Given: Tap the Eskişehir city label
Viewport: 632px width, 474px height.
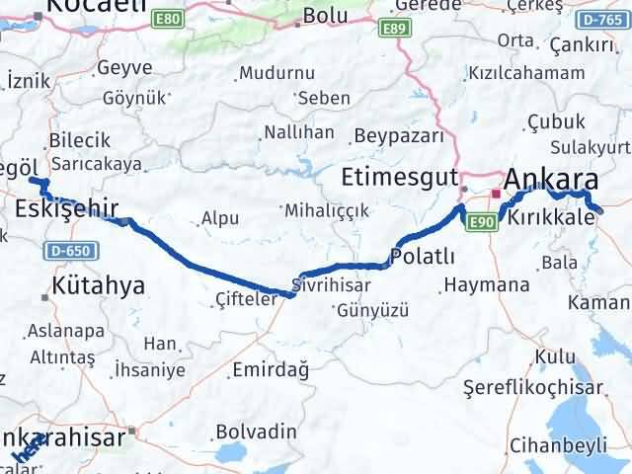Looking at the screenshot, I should [67, 207].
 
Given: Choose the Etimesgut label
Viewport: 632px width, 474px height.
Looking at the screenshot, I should [398, 179].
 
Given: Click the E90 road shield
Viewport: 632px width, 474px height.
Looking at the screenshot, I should [482, 221].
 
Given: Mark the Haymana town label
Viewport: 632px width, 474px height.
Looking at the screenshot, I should [487, 285].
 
